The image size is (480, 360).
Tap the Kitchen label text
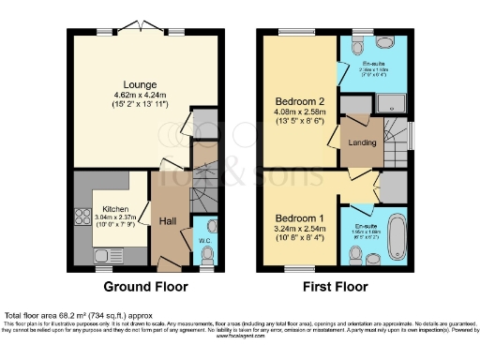(115, 209)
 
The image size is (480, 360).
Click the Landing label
(363, 142)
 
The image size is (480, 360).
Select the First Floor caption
(335, 287)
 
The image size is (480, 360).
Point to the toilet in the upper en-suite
(359, 46)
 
